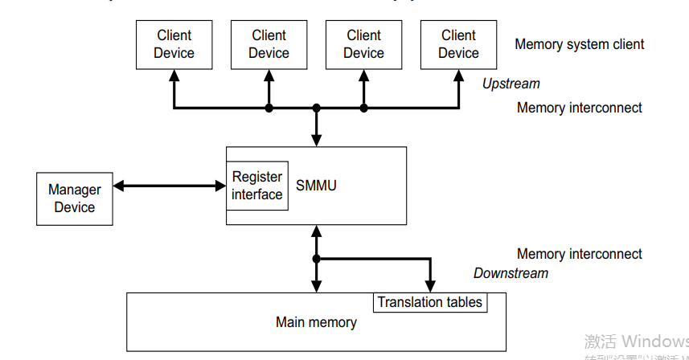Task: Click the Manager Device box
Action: coord(75,198)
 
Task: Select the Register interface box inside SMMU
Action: coord(257,186)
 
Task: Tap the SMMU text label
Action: coord(316,186)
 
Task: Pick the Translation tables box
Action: coord(430,302)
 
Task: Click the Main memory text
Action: coord(316,322)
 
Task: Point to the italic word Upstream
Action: coord(511,84)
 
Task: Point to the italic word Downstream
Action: coord(511,273)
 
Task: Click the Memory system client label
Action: coord(579,44)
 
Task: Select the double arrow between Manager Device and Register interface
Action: coord(170,186)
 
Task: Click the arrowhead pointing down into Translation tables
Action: coord(430,286)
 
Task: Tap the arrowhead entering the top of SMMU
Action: coord(317,140)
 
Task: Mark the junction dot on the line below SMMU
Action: coord(317,259)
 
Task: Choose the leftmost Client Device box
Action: coord(174,44)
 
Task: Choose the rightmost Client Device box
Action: coord(458,44)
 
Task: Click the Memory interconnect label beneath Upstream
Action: coord(579,108)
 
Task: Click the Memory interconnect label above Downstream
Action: coord(579,254)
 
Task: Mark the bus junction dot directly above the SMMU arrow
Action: coord(317,108)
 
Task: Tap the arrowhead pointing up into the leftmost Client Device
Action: coord(174,75)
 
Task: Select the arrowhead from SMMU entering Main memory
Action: coord(317,287)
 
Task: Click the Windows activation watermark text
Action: coord(635,341)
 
